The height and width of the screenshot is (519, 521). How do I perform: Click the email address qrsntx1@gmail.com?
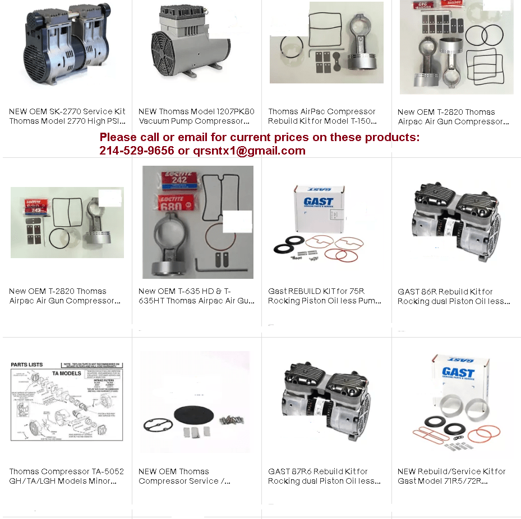click(249, 151)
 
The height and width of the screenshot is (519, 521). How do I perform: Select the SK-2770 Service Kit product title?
click(67, 116)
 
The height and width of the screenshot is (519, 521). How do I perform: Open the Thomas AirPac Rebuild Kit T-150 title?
click(322, 116)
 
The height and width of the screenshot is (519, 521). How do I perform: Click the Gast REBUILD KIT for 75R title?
click(324, 296)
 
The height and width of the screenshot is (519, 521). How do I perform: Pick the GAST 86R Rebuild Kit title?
click(454, 296)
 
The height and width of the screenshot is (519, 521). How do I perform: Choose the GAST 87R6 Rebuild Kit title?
click(324, 476)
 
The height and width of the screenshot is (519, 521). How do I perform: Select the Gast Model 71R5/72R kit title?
click(451, 476)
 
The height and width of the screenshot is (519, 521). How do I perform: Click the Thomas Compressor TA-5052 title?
click(66, 476)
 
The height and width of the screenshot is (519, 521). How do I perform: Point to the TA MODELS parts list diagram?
click(67, 401)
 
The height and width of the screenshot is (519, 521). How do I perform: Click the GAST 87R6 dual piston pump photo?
click(325, 400)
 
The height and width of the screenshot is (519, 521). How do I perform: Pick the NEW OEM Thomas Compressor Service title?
click(185, 476)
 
